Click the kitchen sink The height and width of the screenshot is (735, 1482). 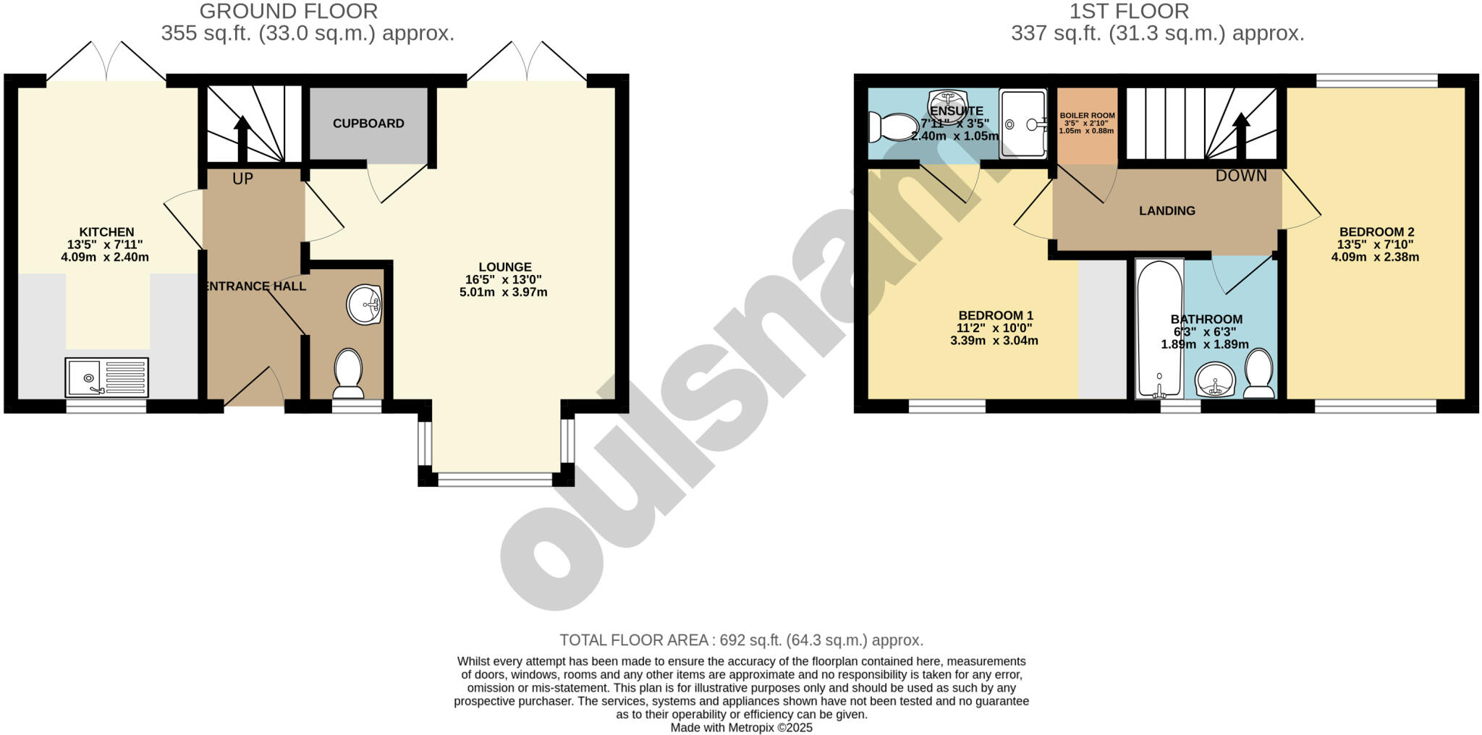tap(106, 377)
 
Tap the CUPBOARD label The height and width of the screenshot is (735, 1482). tap(368, 124)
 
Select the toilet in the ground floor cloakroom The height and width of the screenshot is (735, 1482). tap(348, 373)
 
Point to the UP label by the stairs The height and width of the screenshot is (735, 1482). tap(242, 179)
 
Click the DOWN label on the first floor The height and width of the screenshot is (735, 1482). tap(1241, 176)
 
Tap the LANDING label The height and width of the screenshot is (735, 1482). tap(1166, 211)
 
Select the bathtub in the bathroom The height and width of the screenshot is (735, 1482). tap(1159, 328)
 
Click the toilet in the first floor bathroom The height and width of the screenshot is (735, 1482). tap(1259, 373)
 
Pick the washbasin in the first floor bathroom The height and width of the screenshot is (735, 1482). tap(1215, 380)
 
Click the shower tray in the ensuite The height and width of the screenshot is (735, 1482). tap(1022, 124)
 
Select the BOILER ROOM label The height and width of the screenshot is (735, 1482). tap(1087, 116)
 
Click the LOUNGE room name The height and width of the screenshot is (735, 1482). tap(504, 267)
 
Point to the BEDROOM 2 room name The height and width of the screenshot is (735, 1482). tap(1375, 232)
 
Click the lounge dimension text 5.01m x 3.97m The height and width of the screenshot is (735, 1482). tap(503, 292)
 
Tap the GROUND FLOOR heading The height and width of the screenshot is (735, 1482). tap(288, 12)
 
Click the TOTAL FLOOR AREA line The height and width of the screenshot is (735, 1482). tap(741, 640)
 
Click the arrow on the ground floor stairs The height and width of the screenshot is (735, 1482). tap(242, 137)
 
